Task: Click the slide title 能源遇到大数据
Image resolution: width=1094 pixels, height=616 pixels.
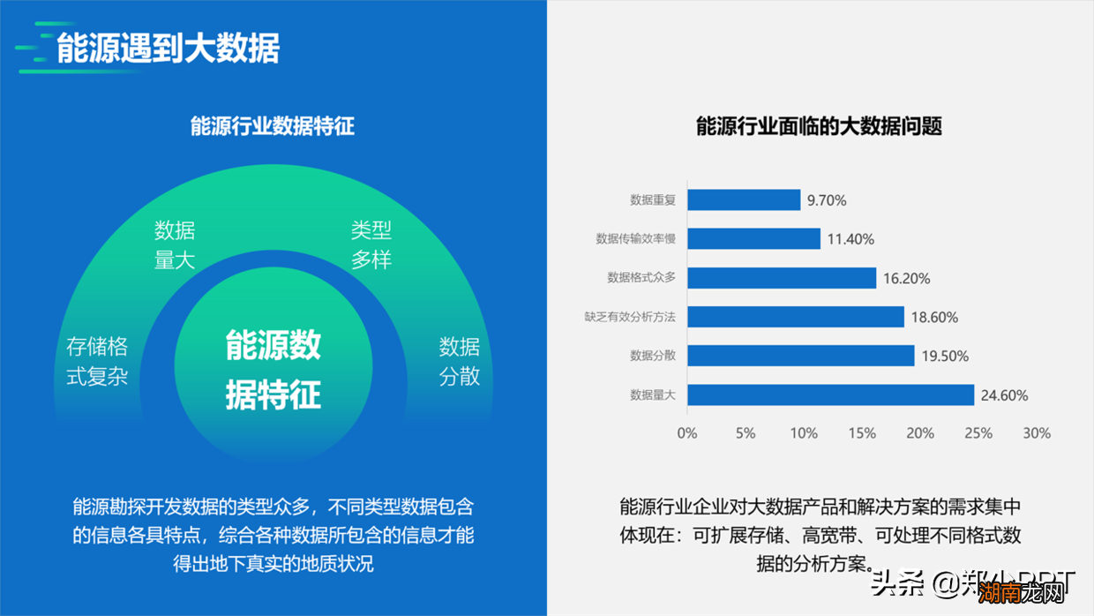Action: pyautogui.click(x=168, y=48)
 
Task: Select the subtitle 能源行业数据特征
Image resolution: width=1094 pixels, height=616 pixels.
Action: pyautogui.click(x=273, y=126)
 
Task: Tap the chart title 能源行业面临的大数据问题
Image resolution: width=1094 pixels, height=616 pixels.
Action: pyautogui.click(x=819, y=126)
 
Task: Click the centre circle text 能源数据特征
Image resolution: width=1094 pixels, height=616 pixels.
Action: pyautogui.click(x=273, y=370)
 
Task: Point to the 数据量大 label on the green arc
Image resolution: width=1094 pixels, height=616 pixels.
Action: pyautogui.click(x=175, y=245)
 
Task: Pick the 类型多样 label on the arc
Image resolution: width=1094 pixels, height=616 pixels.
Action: pyautogui.click(x=371, y=245)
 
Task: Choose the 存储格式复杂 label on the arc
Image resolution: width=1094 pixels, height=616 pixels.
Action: pyautogui.click(x=97, y=361)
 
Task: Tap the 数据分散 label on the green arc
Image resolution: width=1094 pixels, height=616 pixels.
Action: pyautogui.click(x=460, y=361)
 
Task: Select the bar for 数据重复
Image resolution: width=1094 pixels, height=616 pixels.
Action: pyautogui.click(x=744, y=200)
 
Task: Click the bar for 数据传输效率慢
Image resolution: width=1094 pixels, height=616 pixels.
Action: pyautogui.click(x=753, y=239)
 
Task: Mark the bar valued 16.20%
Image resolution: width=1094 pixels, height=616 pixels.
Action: pyautogui.click(x=782, y=278)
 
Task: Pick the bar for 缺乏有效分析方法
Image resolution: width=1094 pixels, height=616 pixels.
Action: pyautogui.click(x=796, y=317)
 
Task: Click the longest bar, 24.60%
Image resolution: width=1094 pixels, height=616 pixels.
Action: pyautogui.click(x=830, y=394)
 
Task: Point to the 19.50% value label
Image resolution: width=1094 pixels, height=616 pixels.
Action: pyautogui.click(x=945, y=357)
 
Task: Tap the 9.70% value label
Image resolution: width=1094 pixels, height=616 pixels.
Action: pyautogui.click(x=827, y=200)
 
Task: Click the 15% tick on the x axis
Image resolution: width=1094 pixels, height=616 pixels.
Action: pyautogui.click(x=862, y=433)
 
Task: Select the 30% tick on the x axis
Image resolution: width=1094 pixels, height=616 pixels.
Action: pyautogui.click(x=1037, y=433)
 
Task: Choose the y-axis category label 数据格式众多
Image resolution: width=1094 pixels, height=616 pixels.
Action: pyautogui.click(x=641, y=278)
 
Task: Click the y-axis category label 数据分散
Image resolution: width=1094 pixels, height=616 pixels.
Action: pyautogui.click(x=653, y=356)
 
